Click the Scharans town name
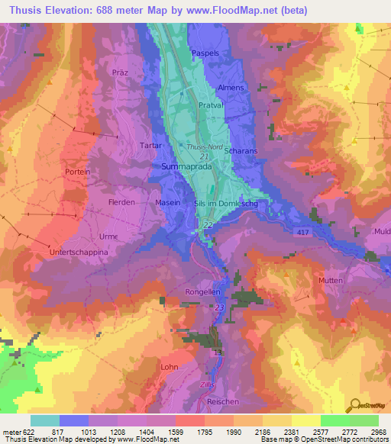pyautogui.click(x=241, y=151)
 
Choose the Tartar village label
pyautogui.click(x=149, y=144)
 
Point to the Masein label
pyautogui.click(x=168, y=202)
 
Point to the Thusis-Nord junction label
pyautogui.click(x=202, y=146)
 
